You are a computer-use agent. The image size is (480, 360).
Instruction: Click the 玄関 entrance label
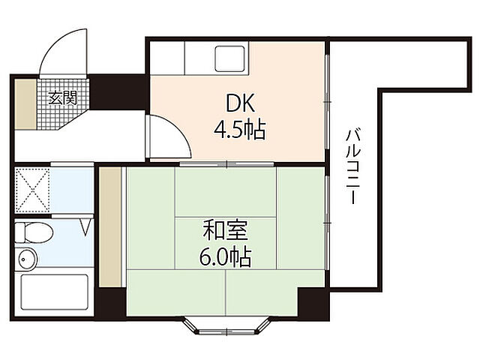point(63,97)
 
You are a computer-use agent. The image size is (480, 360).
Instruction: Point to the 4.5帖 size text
point(238,130)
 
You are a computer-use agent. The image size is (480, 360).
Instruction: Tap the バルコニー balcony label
point(352,168)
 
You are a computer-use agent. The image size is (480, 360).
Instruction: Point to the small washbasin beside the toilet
point(27,259)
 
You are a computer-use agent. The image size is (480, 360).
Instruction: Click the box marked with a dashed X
point(31,192)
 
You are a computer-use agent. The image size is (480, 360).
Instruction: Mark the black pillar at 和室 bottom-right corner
point(313,302)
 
